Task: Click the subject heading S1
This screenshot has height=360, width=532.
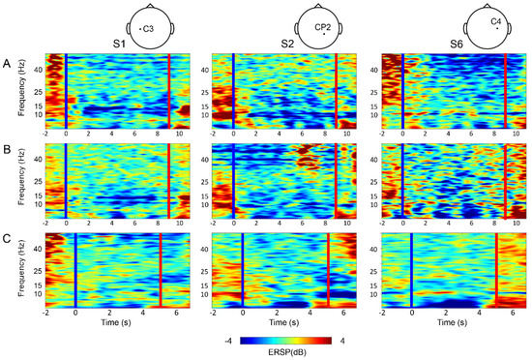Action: pos(117,44)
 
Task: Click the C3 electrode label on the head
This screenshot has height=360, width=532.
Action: pos(148,29)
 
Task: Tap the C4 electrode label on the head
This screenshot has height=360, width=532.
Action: pos(496,21)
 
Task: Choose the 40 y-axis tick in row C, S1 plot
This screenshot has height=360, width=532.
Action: pos(37,250)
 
